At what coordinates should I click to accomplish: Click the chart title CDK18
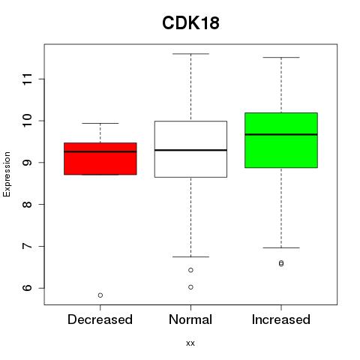[x=190, y=23]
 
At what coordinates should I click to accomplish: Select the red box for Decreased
[x=100, y=158]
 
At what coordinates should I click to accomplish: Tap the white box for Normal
[x=190, y=149]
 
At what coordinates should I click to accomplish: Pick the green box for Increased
[x=281, y=140]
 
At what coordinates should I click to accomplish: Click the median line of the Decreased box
[x=100, y=151]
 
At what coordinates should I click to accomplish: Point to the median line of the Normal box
[x=190, y=150]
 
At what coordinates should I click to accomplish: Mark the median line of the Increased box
[x=281, y=134]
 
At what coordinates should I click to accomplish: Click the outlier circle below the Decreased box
[x=100, y=295]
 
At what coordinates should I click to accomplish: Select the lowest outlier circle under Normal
[x=190, y=287]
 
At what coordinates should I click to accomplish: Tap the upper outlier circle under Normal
[x=190, y=270]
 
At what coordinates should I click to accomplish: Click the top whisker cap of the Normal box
[x=190, y=54]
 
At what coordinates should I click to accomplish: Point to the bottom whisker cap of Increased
[x=281, y=247]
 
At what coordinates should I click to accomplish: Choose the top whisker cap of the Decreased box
[x=100, y=123]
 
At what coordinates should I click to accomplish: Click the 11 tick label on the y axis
[x=27, y=79]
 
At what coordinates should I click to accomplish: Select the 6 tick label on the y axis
[x=27, y=288]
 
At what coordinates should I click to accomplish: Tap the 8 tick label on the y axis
[x=27, y=205]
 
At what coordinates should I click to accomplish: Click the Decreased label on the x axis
[x=100, y=319]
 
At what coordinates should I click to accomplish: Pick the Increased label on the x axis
[x=281, y=319]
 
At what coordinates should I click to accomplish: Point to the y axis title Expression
[x=7, y=174]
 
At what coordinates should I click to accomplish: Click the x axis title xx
[x=190, y=343]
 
